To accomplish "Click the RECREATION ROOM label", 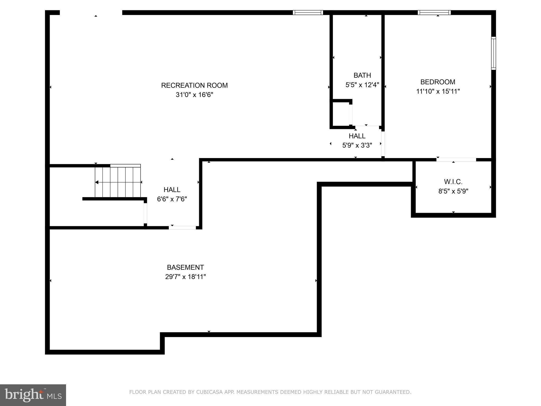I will tap(194, 85).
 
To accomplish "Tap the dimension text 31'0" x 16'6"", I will tap(194, 95).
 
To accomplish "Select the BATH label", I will tap(362, 75).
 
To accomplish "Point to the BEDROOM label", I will tap(438, 82).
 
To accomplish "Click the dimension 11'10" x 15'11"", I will tap(438, 91).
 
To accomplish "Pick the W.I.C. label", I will tap(453, 182).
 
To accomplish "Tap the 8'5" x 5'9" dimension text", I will tap(453, 191).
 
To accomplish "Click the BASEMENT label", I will tap(185, 267).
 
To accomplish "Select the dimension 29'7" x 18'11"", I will tap(185, 277).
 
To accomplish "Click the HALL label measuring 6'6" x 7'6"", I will tap(172, 190).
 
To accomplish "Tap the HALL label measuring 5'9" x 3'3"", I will tap(357, 136).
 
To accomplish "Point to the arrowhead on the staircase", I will tap(97, 182).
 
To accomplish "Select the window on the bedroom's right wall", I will tap(493, 53).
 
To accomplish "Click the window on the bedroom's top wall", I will tap(434, 12).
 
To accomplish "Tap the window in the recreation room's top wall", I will tap(308, 12).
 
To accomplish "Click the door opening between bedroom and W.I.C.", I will tap(456, 160).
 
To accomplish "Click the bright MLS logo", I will tap(33, 395).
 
